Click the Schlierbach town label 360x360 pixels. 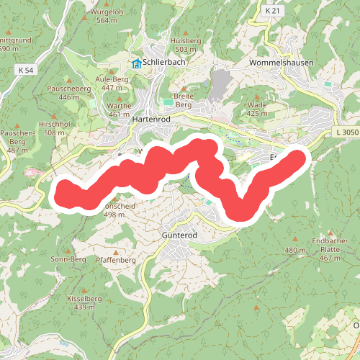166,63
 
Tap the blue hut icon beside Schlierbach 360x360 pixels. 137,63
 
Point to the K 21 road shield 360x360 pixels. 271,11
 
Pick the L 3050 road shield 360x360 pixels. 346,132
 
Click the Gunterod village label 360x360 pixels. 175,235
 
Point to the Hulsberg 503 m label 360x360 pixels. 186,45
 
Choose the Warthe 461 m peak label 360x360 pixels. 119,109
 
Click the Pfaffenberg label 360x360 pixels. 115,259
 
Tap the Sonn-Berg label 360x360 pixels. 68,258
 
